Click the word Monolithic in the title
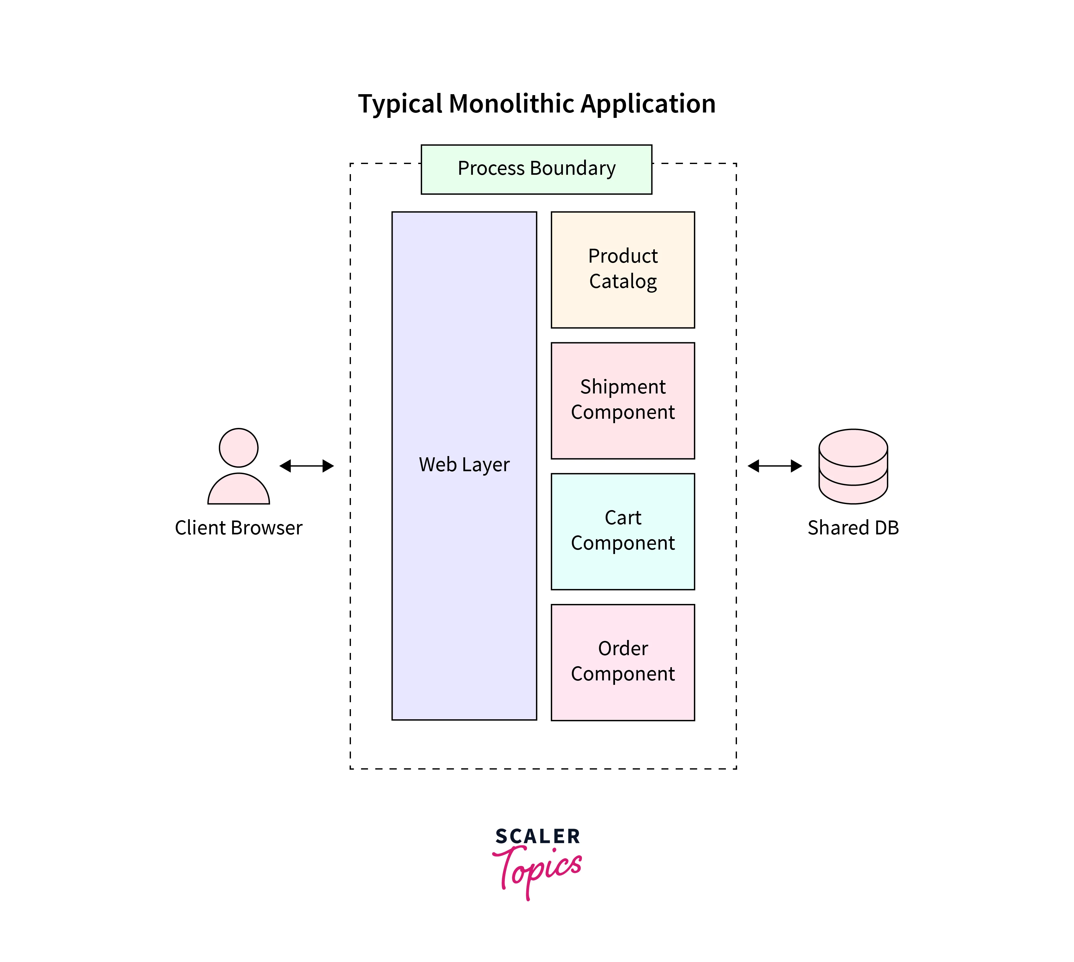pos(512,104)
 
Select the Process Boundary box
pos(536,169)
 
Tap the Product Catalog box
pos(622,270)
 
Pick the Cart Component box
pos(622,531)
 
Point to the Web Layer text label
pos(464,465)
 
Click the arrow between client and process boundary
pos(306,466)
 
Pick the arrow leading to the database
pos(775,466)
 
